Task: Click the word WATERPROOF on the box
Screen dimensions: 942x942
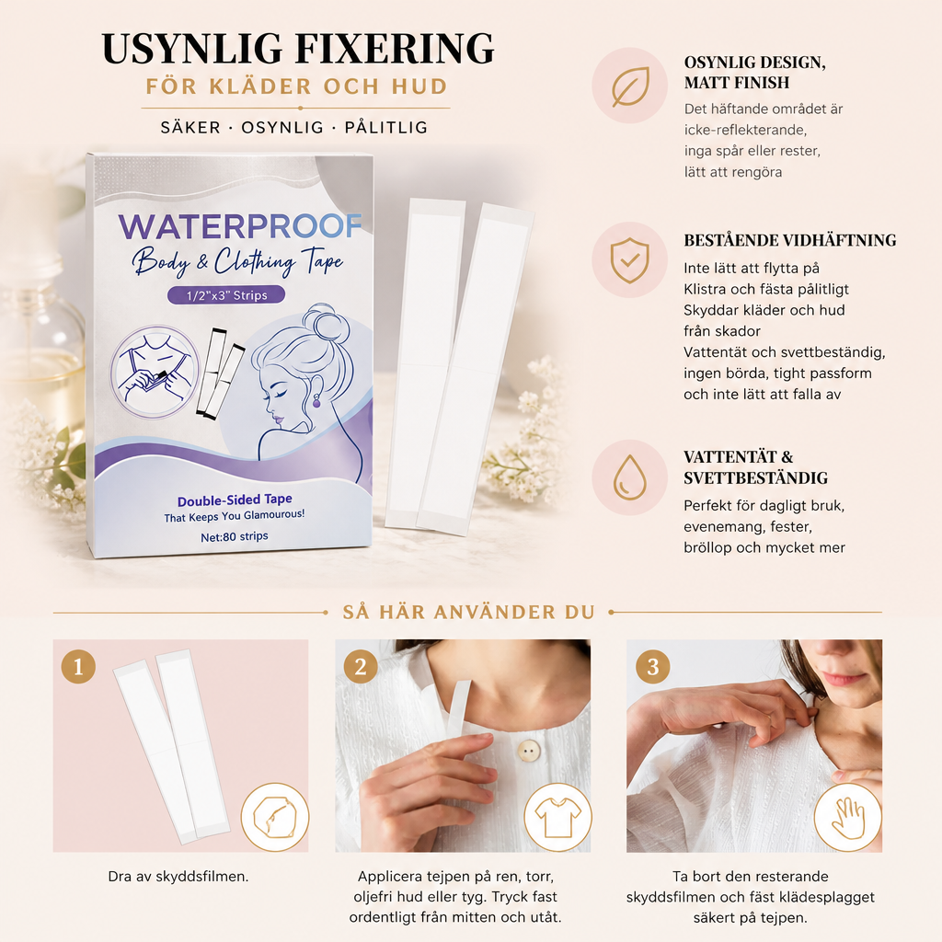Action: coord(240,226)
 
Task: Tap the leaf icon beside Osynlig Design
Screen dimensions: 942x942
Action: coord(630,86)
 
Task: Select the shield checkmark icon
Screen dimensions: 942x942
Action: coord(629,260)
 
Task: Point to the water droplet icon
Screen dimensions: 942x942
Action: coord(629,477)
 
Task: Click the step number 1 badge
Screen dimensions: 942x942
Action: coord(78,666)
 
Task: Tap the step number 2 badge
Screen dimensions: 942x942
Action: coord(361,666)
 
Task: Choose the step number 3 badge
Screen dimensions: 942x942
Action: coord(652,666)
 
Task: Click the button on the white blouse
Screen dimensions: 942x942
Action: coord(529,751)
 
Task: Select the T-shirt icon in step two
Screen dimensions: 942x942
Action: coord(558,817)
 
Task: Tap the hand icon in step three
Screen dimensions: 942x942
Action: coord(847,817)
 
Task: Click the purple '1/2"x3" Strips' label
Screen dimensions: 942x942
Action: coord(226,295)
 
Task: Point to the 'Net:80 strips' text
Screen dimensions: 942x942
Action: coord(235,536)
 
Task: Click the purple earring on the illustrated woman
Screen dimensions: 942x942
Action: coord(316,401)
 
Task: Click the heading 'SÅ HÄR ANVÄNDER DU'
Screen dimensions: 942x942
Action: coord(468,612)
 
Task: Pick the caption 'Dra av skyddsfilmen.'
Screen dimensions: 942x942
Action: coord(178,877)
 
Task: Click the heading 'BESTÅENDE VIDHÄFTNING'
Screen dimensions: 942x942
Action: coord(790,240)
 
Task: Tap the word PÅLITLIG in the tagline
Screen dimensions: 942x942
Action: coord(385,127)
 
